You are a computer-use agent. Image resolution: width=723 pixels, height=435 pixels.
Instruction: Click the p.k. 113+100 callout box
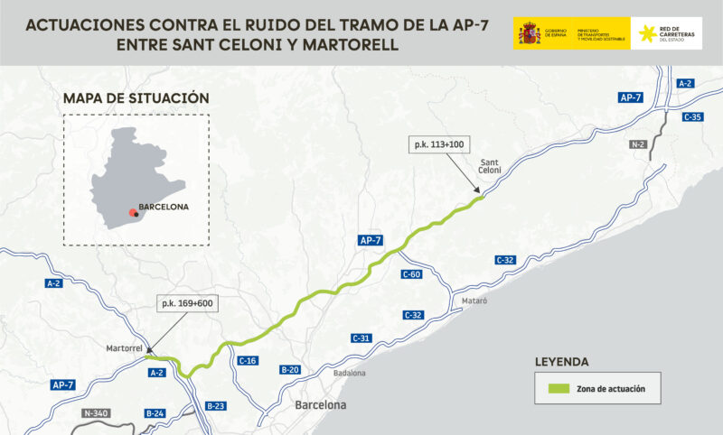pos(439,144)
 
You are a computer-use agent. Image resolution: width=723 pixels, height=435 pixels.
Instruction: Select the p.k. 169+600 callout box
pos(186,303)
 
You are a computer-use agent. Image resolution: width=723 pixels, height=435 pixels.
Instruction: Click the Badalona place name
pos(350,373)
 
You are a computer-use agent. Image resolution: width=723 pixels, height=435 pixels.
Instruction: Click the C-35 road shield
pos(693,117)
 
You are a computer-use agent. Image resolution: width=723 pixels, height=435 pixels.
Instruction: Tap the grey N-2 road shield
pos(638,144)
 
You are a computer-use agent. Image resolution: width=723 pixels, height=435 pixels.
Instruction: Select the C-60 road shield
pos(411,274)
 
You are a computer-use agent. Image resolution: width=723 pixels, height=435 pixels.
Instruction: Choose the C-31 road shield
pos(361,338)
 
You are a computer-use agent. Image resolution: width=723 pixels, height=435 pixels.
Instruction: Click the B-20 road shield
pos(290,369)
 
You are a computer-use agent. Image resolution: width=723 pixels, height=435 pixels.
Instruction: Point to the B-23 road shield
pos(215,406)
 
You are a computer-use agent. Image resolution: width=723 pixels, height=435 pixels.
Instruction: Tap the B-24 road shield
pos(155,413)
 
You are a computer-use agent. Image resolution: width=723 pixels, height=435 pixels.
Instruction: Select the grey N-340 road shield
pos(95,413)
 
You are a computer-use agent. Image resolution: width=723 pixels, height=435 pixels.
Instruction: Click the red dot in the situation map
pos(134,211)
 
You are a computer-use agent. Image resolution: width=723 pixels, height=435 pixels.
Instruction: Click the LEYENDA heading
pos(562,363)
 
